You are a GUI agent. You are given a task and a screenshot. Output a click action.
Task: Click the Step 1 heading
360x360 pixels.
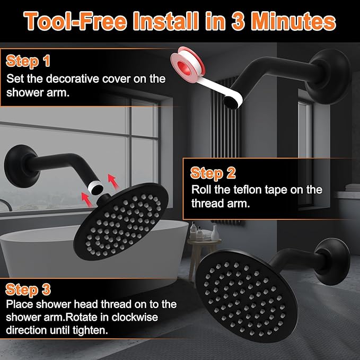point(28,61)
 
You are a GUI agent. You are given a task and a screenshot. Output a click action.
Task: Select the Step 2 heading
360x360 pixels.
point(213,173)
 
